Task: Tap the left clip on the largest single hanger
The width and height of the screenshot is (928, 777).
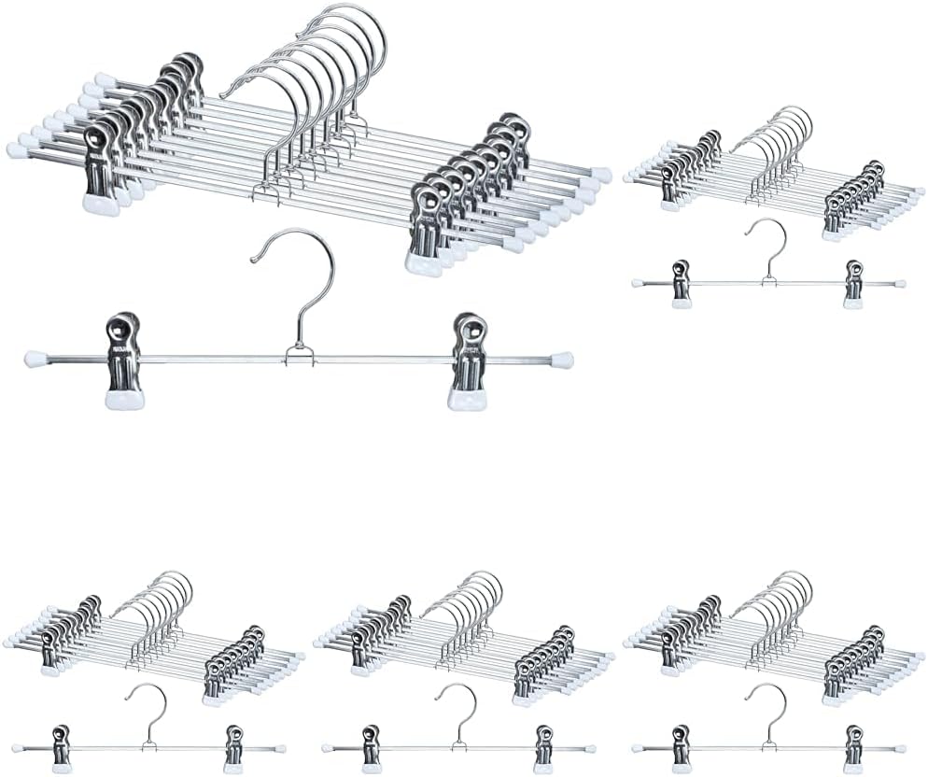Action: pyautogui.click(x=123, y=360)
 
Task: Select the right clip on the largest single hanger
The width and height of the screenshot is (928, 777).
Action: pyautogui.click(x=467, y=360)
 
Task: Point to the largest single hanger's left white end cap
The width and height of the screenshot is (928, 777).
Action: pyautogui.click(x=35, y=359)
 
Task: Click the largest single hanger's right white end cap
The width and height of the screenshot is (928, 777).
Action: pyautogui.click(x=561, y=360)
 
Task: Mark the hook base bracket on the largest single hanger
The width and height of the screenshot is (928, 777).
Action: pyautogui.click(x=299, y=355)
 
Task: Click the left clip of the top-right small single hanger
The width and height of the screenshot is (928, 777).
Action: pyautogui.click(x=681, y=283)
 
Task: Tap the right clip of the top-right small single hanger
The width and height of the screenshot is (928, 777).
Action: pyautogui.click(x=853, y=283)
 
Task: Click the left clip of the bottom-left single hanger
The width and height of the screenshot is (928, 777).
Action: pyautogui.click(x=62, y=748)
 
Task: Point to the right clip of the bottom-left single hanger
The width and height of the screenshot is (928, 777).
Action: pyautogui.click(x=233, y=748)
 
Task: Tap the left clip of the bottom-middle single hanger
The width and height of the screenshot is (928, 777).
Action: pyautogui.click(x=371, y=748)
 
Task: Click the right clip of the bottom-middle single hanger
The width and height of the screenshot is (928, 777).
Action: pyautogui.click(x=543, y=748)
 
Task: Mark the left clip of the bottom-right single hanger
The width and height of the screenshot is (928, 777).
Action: pyautogui.click(x=681, y=748)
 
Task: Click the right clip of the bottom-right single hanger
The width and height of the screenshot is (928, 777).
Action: pyautogui.click(x=853, y=748)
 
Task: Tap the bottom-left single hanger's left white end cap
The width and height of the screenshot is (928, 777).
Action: pyautogui.click(x=18, y=748)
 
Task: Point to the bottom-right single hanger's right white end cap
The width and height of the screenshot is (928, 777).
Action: pyautogui.click(x=900, y=748)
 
